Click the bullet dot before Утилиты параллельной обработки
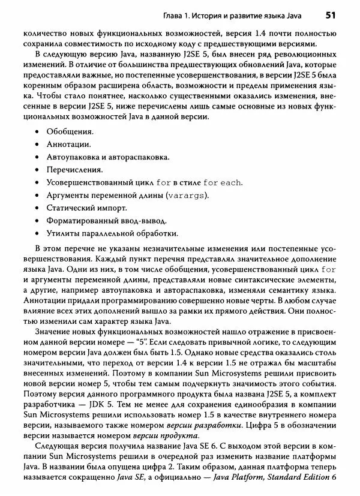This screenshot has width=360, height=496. [x=37, y=234]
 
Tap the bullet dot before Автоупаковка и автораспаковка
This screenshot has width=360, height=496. [x=37, y=157]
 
